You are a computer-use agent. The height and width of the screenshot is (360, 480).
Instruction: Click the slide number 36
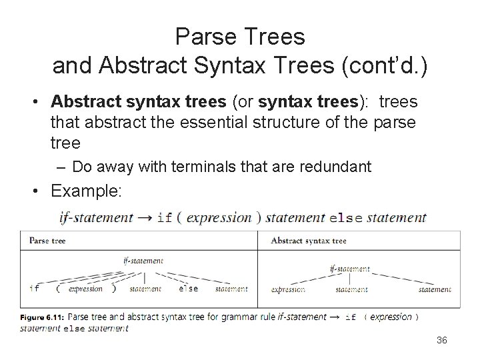[x=441, y=341]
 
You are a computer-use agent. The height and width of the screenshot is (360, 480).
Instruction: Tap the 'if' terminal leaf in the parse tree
[x=34, y=289]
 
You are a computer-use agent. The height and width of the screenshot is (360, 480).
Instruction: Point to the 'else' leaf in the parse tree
[x=189, y=289]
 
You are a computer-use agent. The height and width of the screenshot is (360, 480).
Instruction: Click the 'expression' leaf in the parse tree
[x=86, y=289]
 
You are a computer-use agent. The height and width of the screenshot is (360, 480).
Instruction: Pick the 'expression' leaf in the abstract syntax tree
[x=288, y=289]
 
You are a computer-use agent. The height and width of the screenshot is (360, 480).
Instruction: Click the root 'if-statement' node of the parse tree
[x=143, y=261]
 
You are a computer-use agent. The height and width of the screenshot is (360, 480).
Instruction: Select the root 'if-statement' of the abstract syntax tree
[x=349, y=269]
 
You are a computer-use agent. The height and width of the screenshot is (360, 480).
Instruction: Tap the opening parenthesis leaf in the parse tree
[x=58, y=289]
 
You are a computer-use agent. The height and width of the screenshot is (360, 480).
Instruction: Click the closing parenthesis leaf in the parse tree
[x=114, y=289]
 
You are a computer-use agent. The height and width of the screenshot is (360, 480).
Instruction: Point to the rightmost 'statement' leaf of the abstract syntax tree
[x=434, y=289]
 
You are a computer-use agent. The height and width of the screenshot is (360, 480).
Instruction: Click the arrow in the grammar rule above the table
[x=146, y=217]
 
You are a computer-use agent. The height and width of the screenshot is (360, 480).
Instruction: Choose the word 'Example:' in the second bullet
[x=85, y=191]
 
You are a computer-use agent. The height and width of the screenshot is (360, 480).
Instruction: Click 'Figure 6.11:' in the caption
[x=42, y=317]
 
